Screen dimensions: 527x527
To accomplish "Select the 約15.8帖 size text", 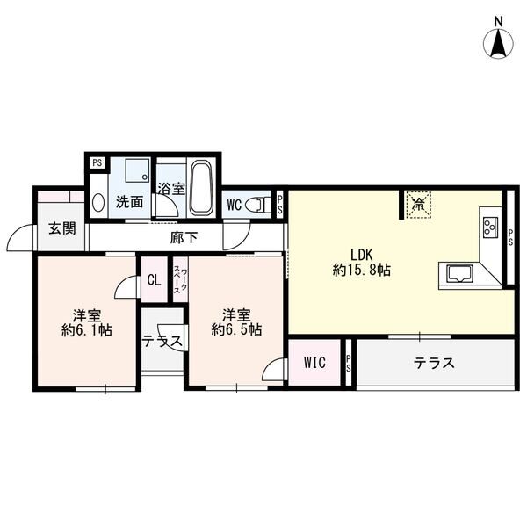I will [362, 271].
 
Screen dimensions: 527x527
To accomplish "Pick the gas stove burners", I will [489, 227].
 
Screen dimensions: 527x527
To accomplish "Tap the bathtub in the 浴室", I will [201, 187].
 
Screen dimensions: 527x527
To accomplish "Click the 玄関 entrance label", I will [61, 229].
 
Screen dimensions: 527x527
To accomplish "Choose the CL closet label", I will [153, 281].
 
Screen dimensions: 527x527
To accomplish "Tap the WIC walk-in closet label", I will [314, 363].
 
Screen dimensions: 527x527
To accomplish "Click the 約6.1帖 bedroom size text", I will [86, 330].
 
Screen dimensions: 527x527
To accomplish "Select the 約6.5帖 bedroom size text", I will [235, 330].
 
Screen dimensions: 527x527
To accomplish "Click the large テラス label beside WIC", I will [434, 363].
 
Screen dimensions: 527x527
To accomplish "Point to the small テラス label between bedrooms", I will [162, 342].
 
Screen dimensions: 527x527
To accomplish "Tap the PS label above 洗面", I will [97, 162].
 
